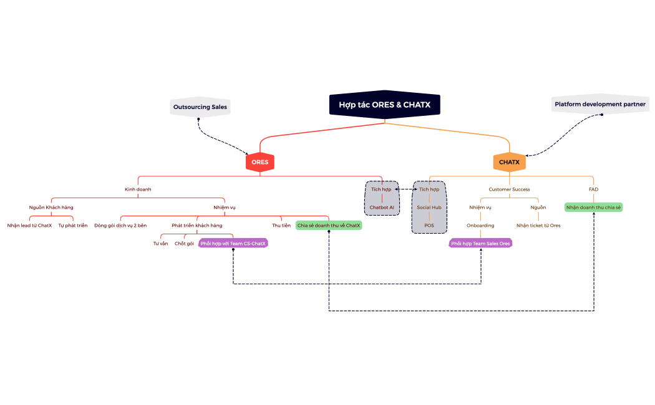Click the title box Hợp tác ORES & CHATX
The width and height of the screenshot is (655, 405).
tap(384, 105)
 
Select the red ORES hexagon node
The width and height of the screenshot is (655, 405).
tap(260, 162)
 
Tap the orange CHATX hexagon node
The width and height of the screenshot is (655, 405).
tap(509, 162)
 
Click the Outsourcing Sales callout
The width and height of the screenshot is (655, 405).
tap(200, 107)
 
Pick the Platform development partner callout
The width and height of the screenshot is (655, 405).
tap(600, 104)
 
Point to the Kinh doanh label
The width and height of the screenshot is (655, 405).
tap(138, 189)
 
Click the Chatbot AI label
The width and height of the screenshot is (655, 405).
tap(382, 207)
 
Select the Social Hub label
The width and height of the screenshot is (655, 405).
tap(429, 207)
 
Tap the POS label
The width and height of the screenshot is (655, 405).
tap(429, 225)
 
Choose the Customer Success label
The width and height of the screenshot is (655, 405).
tap(509, 189)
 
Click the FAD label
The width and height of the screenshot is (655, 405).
tap(593, 189)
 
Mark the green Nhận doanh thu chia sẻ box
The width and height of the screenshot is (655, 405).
tap(593, 207)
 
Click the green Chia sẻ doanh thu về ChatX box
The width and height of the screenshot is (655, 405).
tap(329, 225)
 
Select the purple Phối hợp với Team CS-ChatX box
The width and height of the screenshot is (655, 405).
tap(233, 243)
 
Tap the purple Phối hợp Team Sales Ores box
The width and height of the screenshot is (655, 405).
tap(480, 243)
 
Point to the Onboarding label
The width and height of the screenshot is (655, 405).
tap(480, 225)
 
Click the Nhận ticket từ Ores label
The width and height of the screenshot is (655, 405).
tap(538, 225)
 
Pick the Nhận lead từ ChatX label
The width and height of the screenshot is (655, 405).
tap(29, 225)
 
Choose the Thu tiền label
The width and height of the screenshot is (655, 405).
tap(281, 225)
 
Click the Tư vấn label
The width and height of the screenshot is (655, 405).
tap(160, 243)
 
